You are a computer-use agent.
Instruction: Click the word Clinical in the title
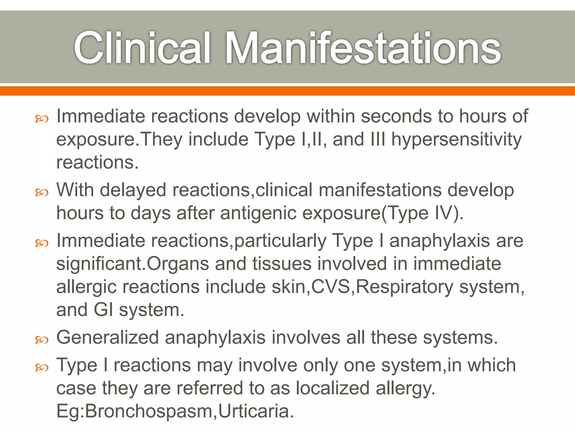click(x=142, y=48)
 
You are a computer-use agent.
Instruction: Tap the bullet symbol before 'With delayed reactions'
click(x=42, y=193)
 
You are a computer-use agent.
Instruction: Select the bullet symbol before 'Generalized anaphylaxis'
click(x=42, y=340)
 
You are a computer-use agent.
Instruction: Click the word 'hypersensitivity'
click(x=457, y=140)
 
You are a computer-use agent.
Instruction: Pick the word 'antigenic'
click(x=258, y=213)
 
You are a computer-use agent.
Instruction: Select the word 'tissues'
click(x=282, y=264)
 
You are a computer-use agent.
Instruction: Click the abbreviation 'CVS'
click(x=331, y=287)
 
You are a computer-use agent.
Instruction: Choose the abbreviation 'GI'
click(x=103, y=310)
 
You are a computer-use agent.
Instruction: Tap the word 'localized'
click(x=332, y=388)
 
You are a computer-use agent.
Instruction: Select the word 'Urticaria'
click(x=256, y=411)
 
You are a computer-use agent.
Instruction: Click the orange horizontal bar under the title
click(x=287, y=91)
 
